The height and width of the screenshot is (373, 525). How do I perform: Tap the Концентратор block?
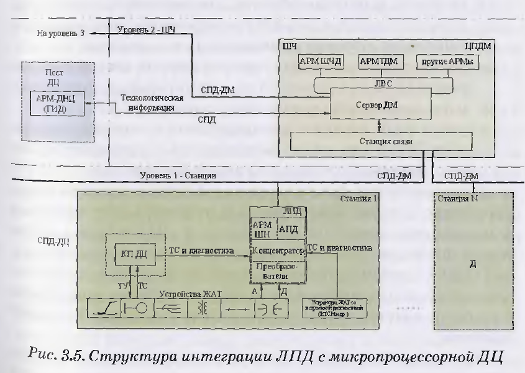277,252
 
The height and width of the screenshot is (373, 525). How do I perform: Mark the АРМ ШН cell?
261,228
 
